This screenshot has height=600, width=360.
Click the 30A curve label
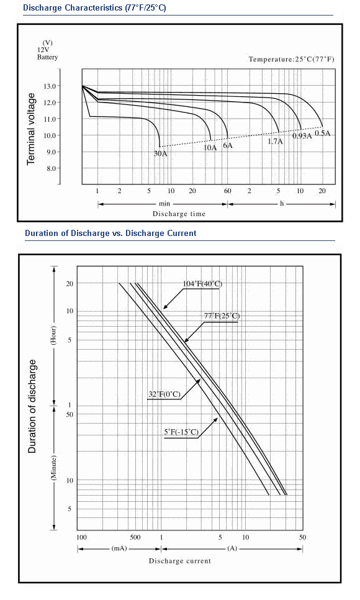(x=161, y=153)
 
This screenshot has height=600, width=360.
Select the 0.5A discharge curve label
(x=322, y=133)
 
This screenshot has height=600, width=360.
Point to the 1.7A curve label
(x=275, y=141)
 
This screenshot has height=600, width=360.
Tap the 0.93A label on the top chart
(x=302, y=136)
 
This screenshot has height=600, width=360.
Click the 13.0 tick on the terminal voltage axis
(x=50, y=86)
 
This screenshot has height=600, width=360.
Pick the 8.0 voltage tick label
(x=51, y=168)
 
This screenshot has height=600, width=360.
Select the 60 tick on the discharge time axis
(x=228, y=191)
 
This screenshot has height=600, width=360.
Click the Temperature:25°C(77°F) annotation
(x=292, y=59)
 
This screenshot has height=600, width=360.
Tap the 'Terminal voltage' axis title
(x=31, y=129)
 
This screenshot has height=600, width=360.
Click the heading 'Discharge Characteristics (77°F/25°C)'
(x=94, y=7)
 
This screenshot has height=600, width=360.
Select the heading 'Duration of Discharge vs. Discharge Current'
(x=110, y=233)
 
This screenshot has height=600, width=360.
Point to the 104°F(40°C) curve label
(x=202, y=284)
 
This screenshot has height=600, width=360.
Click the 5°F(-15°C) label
(x=181, y=432)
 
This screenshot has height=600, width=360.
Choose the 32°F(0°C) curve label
(x=164, y=394)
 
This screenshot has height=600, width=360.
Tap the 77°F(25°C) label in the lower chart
(x=222, y=316)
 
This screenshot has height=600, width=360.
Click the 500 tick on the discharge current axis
(x=135, y=537)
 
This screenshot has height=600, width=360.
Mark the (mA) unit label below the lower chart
(x=119, y=548)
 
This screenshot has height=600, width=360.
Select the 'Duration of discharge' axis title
(x=32, y=406)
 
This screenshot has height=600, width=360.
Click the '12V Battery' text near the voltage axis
(x=47, y=53)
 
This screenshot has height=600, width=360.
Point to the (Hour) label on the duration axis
(x=53, y=335)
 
